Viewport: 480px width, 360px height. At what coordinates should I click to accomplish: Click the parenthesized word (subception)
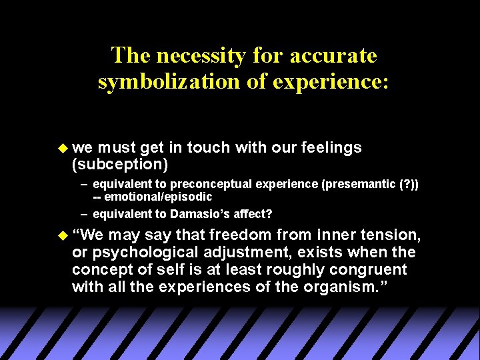click(120, 163)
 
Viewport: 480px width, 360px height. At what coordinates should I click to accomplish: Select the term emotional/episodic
click(159, 197)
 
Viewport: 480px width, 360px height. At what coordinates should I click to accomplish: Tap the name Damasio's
click(200, 213)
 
